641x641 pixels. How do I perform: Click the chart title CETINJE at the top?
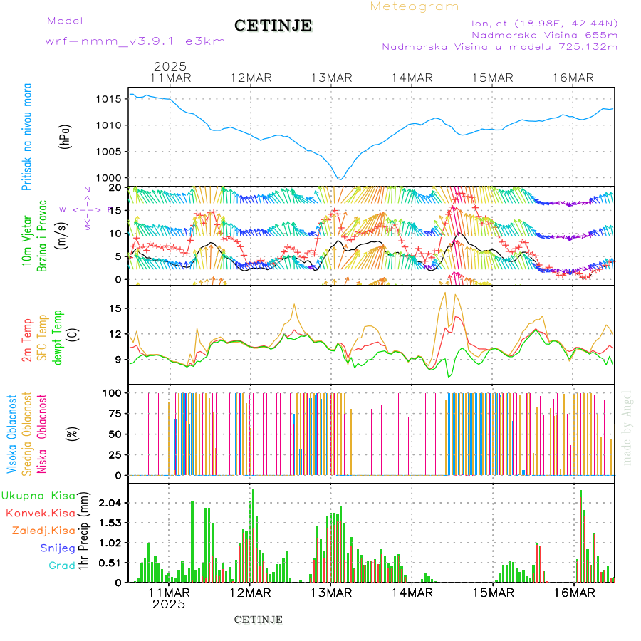pos(273,26)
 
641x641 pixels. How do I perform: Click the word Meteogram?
pos(415,6)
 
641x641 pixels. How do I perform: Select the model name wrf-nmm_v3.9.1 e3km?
pos(135,41)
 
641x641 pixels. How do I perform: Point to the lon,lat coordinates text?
pos(544,23)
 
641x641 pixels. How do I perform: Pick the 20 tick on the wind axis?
pos(113,187)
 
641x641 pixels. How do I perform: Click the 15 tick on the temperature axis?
pos(113,308)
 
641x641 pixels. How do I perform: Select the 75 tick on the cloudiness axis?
pos(113,413)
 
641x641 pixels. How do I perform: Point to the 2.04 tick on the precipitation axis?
pos(110,503)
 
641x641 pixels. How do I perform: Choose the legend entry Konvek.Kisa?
pos(40,513)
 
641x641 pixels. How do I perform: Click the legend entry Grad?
pos(61,566)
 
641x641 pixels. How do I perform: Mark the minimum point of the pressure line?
pos(340,179)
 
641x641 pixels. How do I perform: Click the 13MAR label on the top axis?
pos(330,78)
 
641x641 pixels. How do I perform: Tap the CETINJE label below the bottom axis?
pos(259,620)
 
